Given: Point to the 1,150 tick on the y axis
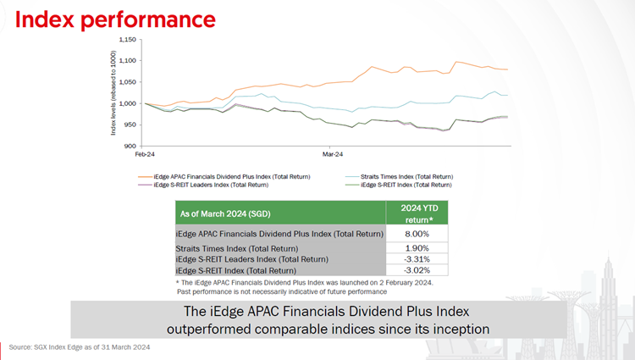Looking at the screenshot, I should pos(128,39).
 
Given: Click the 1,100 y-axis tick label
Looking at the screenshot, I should pos(128,61).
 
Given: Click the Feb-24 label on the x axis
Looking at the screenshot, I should pos(145,155).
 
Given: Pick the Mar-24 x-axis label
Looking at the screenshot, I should pos(333,155).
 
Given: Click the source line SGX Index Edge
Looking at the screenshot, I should pos(80,347).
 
